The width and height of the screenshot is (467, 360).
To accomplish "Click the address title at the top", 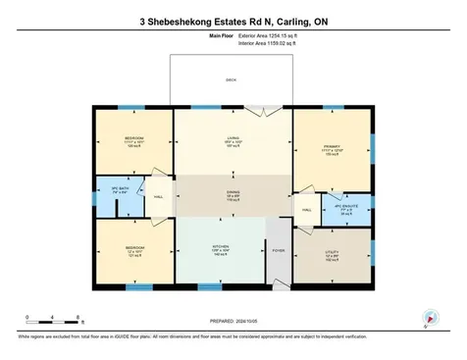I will pos(233,19).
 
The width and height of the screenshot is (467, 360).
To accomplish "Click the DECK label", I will pos(232,79).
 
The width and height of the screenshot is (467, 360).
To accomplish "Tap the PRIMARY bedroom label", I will pos(332,146).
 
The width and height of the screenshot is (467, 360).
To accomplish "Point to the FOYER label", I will pos(276,250).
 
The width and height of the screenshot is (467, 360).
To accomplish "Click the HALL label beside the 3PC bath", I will pos(158,196).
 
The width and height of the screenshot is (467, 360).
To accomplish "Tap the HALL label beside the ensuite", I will pos(307,210).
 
